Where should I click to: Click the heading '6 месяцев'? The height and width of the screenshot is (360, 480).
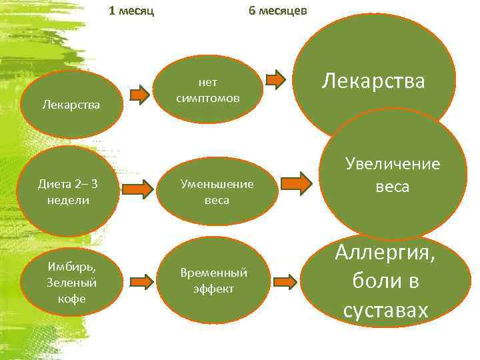click(277, 11)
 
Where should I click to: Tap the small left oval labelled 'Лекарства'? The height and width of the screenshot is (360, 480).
click(71, 105)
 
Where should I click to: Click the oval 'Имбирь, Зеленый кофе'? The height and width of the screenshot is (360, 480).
click(72, 282)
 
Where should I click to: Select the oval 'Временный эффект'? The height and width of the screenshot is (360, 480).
click(213, 281)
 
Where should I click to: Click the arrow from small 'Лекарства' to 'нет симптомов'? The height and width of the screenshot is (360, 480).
click(140, 95)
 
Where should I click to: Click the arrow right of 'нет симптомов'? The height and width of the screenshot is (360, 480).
click(276, 80)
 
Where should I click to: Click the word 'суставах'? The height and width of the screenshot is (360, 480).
click(385, 311)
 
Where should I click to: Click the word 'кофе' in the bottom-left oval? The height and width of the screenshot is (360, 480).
click(72, 299)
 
